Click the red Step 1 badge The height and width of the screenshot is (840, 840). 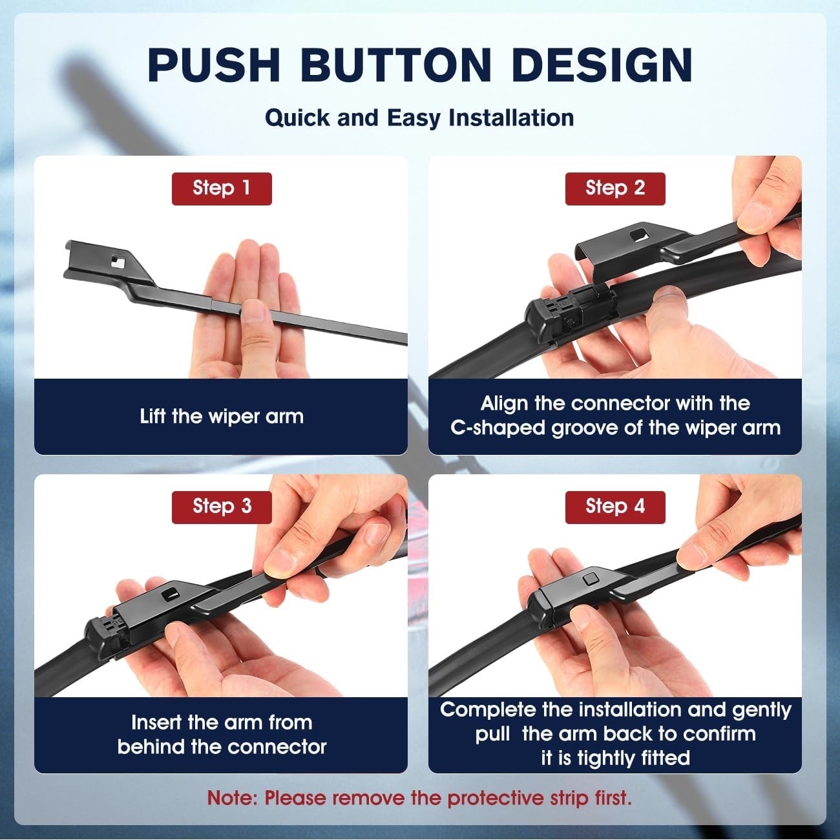point(222,189)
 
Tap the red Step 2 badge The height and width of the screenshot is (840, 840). point(615,189)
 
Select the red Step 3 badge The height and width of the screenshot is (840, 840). point(222,507)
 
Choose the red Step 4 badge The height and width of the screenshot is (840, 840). point(615,507)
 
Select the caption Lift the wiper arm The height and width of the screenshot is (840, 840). point(222,416)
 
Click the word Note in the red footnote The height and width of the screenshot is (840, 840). point(229,798)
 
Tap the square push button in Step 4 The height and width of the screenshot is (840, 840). point(591,579)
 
